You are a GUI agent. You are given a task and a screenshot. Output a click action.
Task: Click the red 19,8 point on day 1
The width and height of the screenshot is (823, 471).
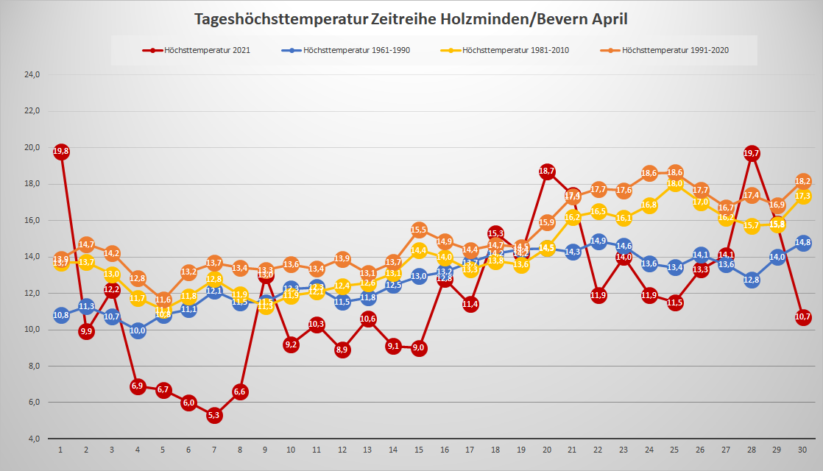61,152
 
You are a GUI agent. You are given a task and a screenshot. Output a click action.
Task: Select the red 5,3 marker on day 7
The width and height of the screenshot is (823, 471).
214,415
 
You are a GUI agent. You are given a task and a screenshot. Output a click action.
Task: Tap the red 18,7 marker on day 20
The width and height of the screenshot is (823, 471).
547,171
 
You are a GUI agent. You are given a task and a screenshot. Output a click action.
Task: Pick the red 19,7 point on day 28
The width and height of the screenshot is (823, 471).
752,153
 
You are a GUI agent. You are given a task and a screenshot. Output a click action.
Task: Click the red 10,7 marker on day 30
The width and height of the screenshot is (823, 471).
803,317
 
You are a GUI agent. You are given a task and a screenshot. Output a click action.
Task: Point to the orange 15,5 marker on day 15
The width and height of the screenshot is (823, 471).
419,230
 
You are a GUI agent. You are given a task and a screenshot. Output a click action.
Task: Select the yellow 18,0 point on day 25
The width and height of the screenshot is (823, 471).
675,184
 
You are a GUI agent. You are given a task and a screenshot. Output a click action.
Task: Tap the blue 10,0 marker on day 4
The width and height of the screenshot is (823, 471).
138,330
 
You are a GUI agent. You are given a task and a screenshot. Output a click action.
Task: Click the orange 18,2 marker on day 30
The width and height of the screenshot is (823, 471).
803,181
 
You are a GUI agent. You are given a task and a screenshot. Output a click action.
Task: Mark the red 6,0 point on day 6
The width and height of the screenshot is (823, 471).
188,403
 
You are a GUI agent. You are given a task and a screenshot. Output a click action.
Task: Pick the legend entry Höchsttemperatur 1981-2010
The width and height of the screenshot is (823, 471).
509,51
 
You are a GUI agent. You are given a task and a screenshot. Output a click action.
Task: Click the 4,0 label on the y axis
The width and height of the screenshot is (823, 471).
34,439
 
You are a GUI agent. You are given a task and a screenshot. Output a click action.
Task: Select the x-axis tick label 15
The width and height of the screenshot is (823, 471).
419,450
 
